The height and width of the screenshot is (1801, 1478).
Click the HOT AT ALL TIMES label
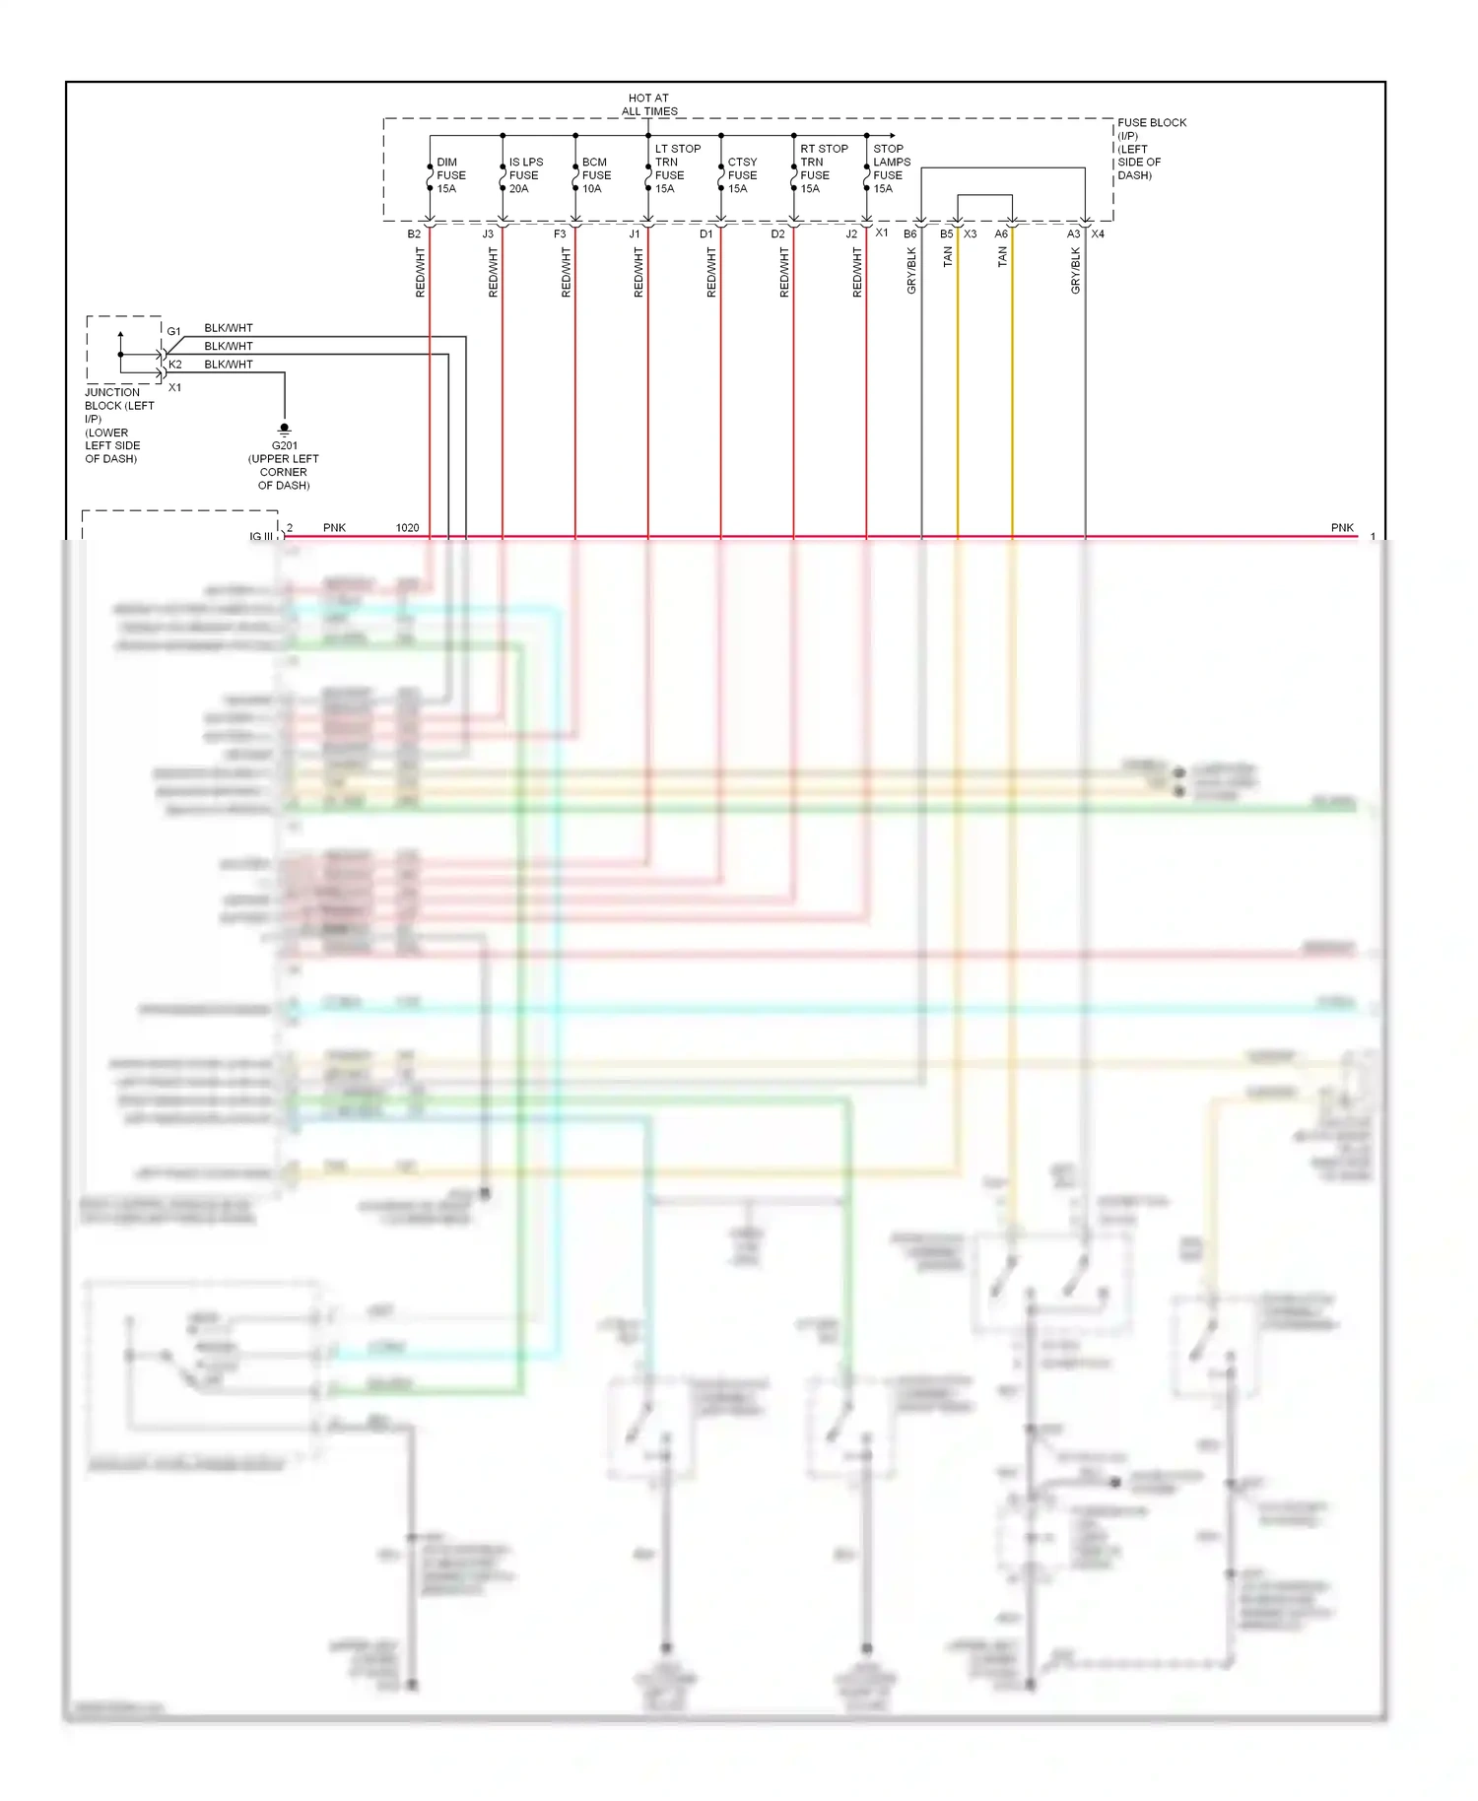coord(648,104)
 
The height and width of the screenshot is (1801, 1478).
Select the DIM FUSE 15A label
coord(450,175)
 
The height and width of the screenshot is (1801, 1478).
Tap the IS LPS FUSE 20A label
coord(525,175)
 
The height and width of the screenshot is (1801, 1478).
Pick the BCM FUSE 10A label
coord(596,175)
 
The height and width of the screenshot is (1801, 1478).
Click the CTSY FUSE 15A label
coord(742,175)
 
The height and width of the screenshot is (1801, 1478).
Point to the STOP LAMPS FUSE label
coord(891,168)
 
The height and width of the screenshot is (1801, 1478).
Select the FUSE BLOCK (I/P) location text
coord(1150,149)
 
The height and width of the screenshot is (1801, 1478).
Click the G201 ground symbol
coord(284,430)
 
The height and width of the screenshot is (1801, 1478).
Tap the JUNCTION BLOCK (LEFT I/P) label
coord(118,425)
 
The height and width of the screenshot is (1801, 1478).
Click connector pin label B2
coord(414,234)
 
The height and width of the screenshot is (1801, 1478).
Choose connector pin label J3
coord(488,234)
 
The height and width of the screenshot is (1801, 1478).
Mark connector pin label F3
coord(560,234)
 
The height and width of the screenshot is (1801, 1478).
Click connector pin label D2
coord(777,234)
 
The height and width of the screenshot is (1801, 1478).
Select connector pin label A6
coord(1001,234)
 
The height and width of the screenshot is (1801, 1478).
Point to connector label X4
coord(1098,234)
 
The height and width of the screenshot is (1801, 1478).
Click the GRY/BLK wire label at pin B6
coord(911,270)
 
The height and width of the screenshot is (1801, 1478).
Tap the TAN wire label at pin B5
coord(948,257)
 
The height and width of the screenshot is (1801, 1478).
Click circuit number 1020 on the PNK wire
coord(407,528)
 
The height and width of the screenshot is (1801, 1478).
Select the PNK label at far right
coord(1342,528)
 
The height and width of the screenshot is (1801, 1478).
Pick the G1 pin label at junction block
coord(173,332)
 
